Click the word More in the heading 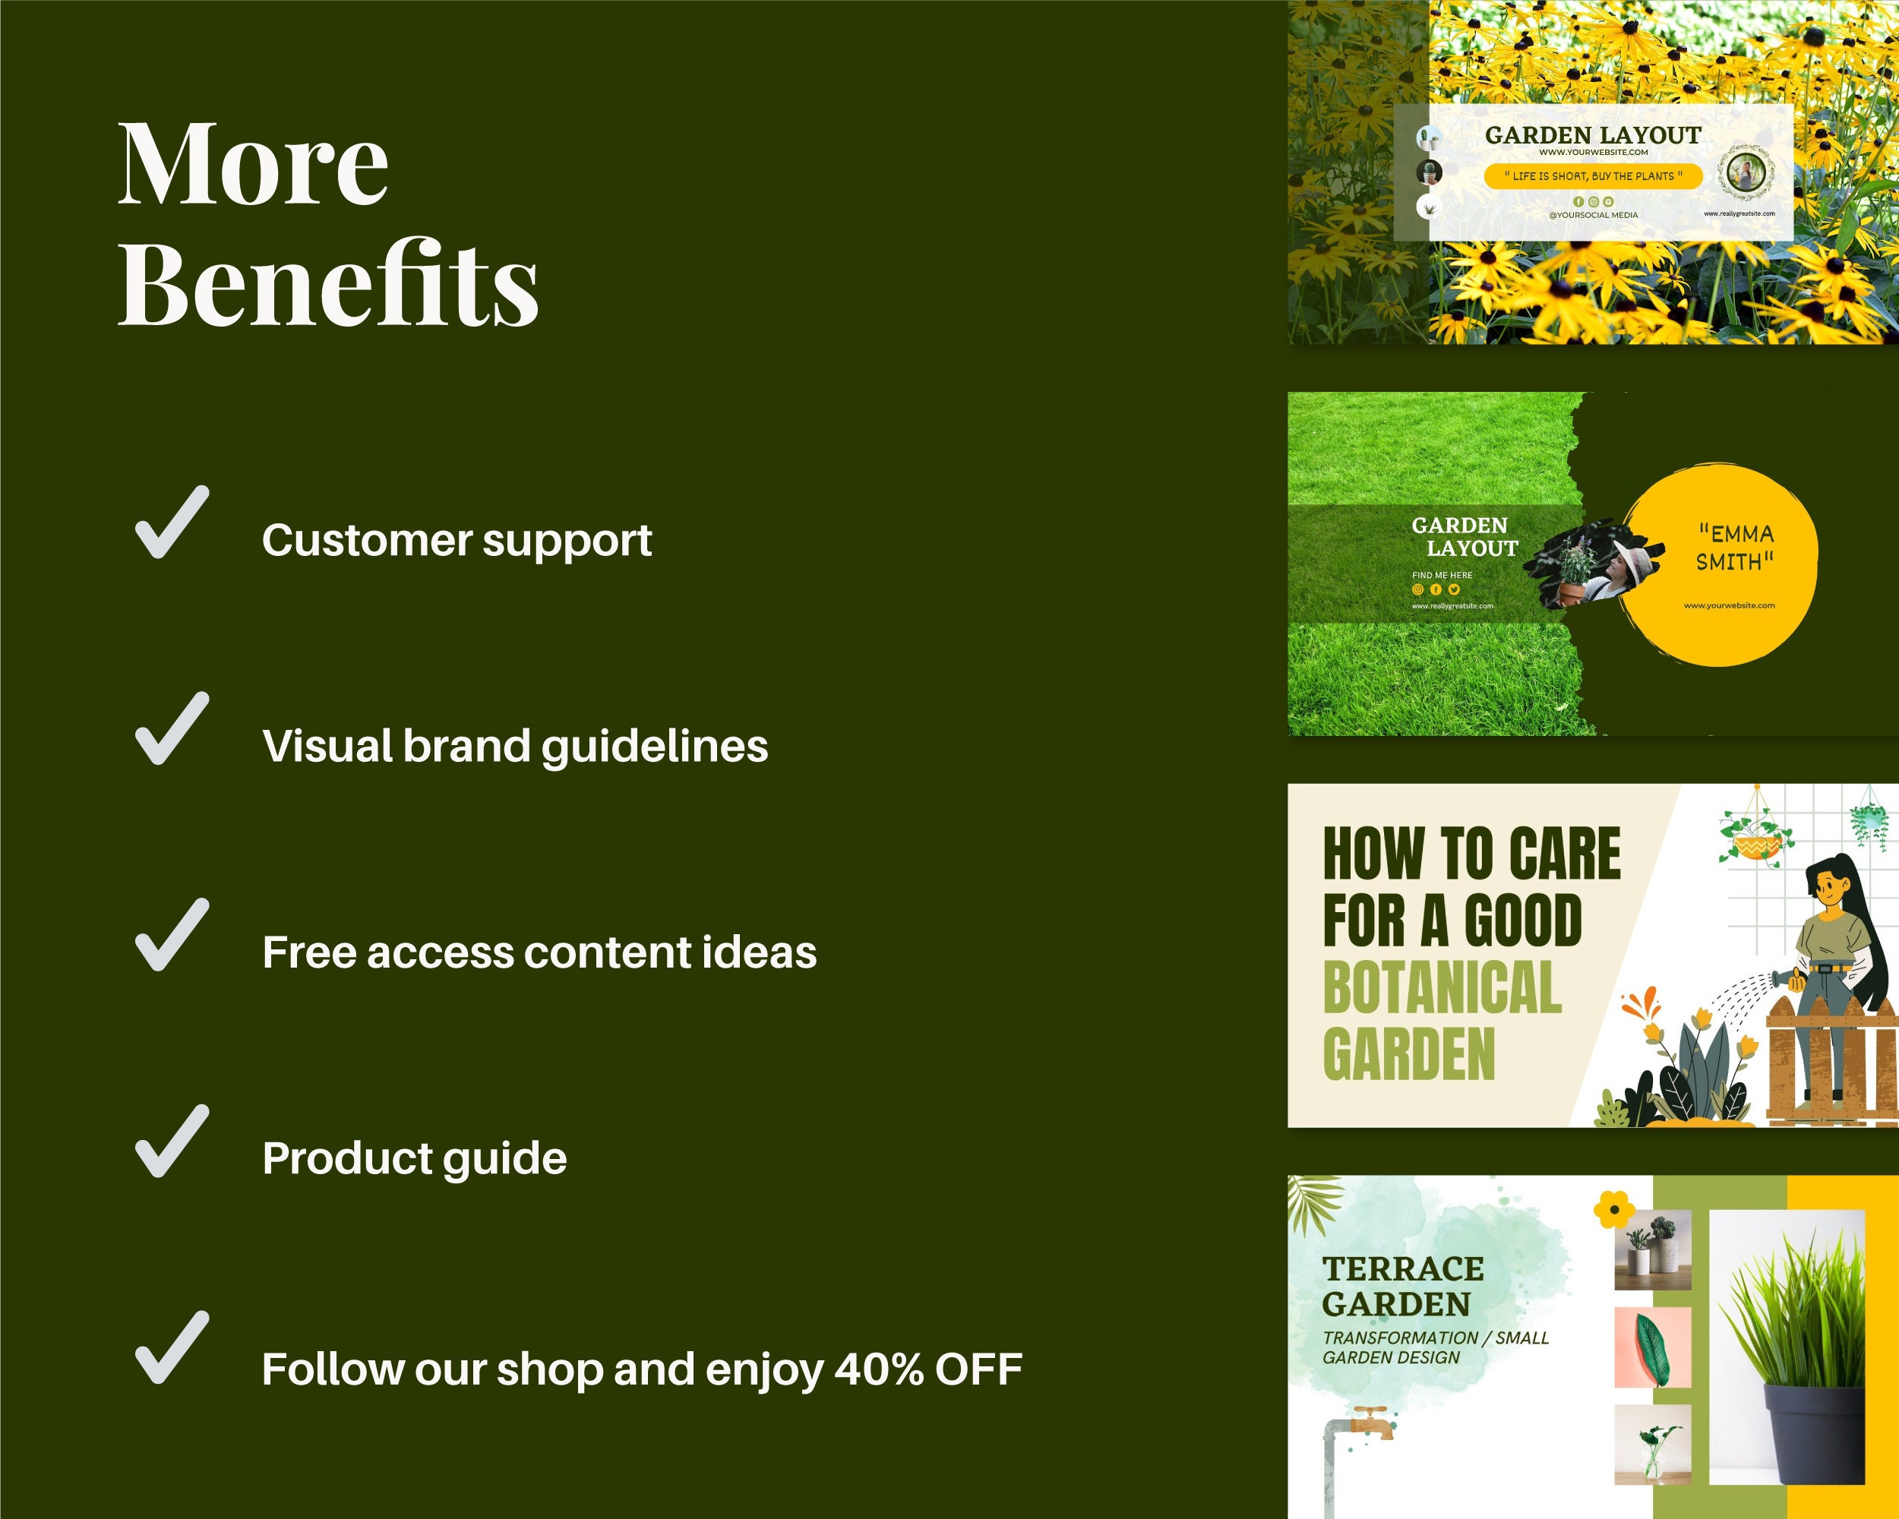click(x=253, y=164)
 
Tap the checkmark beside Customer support click(x=172, y=523)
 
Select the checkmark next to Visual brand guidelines click(x=172, y=729)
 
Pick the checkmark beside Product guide click(x=172, y=1142)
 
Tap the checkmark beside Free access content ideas click(x=172, y=935)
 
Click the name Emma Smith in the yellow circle click(x=1734, y=547)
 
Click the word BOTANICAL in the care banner click(x=1442, y=987)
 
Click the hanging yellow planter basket click(x=1755, y=847)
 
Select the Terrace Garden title click(x=1402, y=1286)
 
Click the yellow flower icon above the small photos click(x=1613, y=1209)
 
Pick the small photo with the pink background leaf click(x=1652, y=1347)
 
